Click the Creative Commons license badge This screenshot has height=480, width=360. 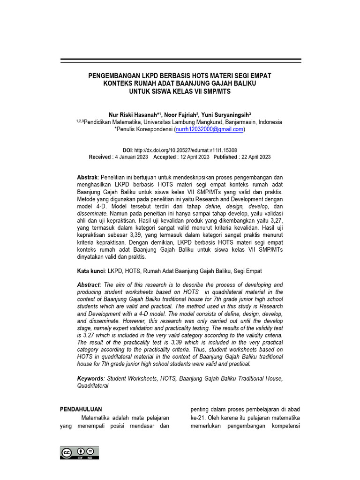pyautogui.click(x=79, y=452)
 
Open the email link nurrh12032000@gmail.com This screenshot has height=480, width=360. pyautogui.click(x=209, y=129)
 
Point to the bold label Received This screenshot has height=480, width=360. pyautogui.click(x=100, y=157)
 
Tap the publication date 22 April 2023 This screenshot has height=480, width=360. pyautogui.click(x=255, y=157)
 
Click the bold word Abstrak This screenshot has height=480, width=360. pyautogui.click(x=87, y=178)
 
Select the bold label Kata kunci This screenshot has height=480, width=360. pyautogui.click(x=91, y=270)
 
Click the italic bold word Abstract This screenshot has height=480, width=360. pyautogui.click(x=89, y=285)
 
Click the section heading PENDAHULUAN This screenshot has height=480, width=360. pyautogui.click(x=81, y=409)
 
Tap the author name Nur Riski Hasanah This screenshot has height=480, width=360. pyautogui.click(x=133, y=114)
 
